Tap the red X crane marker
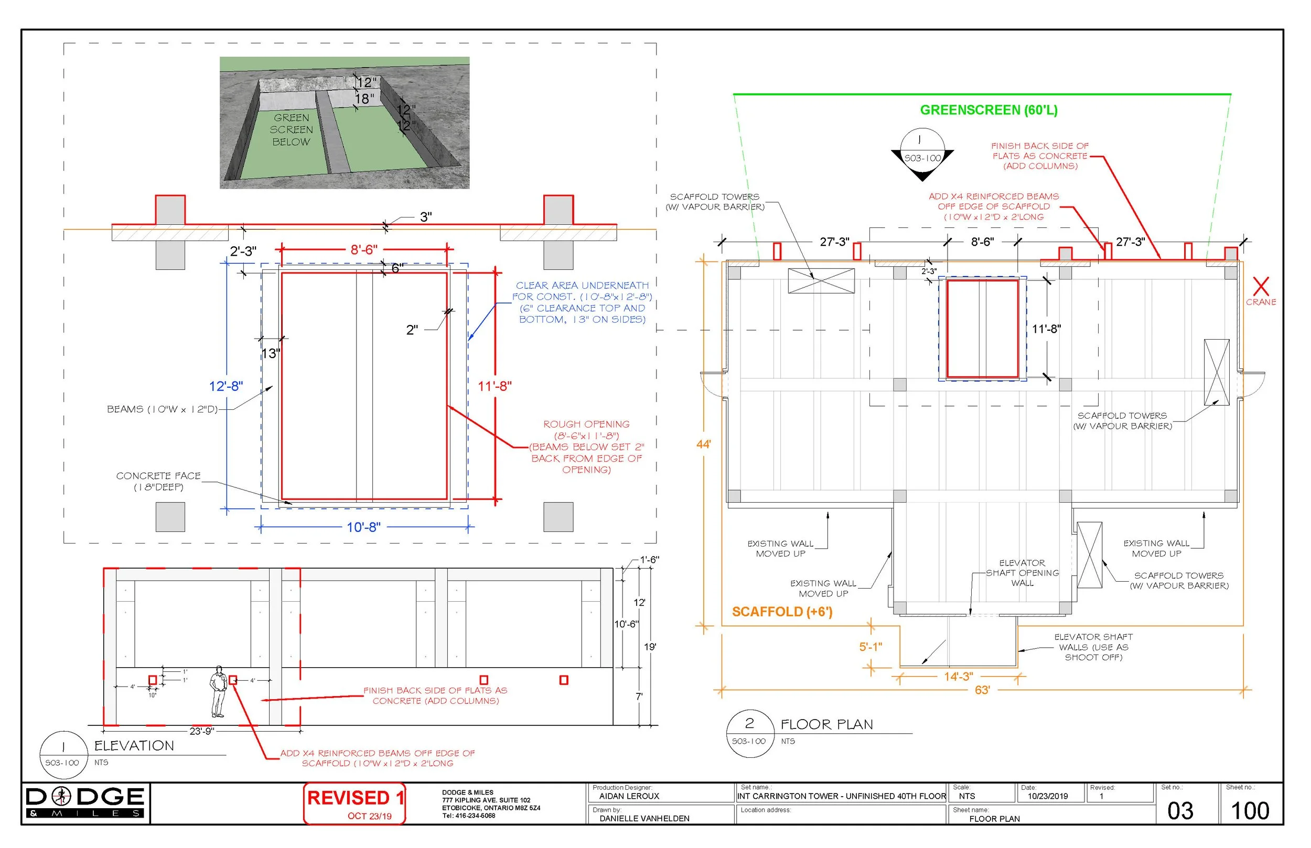pyautogui.click(x=1260, y=287)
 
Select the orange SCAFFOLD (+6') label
pyautogui.click(x=782, y=612)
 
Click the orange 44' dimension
pyautogui.click(x=703, y=444)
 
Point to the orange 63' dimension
pyautogui.click(x=982, y=690)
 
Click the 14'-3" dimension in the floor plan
pyautogui.click(x=959, y=676)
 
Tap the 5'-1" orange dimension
pyautogui.click(x=871, y=647)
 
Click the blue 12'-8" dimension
pyautogui.click(x=226, y=386)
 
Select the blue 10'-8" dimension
pyautogui.click(x=363, y=527)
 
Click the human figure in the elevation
pyautogui.click(x=219, y=692)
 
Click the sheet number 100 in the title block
pyautogui.click(x=1249, y=811)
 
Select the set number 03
pyautogui.click(x=1180, y=811)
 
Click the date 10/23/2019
pyautogui.click(x=1047, y=796)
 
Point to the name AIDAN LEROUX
pyautogui.click(x=629, y=796)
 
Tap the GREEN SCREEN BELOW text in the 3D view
pyautogui.click(x=292, y=130)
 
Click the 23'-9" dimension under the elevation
pyautogui.click(x=201, y=731)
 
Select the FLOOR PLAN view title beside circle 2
pyautogui.click(x=826, y=725)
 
